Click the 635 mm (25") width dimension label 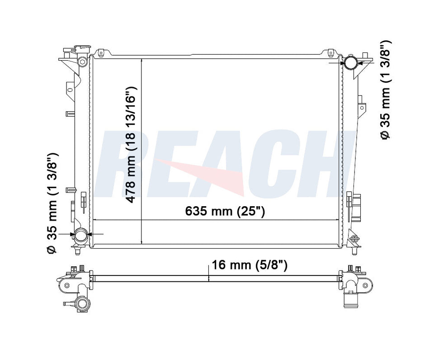pyautogui.click(x=225, y=211)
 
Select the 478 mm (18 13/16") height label pyautogui.click(x=132, y=145)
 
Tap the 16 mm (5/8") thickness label pyautogui.click(x=250, y=265)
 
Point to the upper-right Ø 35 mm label pyautogui.click(x=385, y=90)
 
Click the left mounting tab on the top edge pyautogui.click(x=101, y=52)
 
